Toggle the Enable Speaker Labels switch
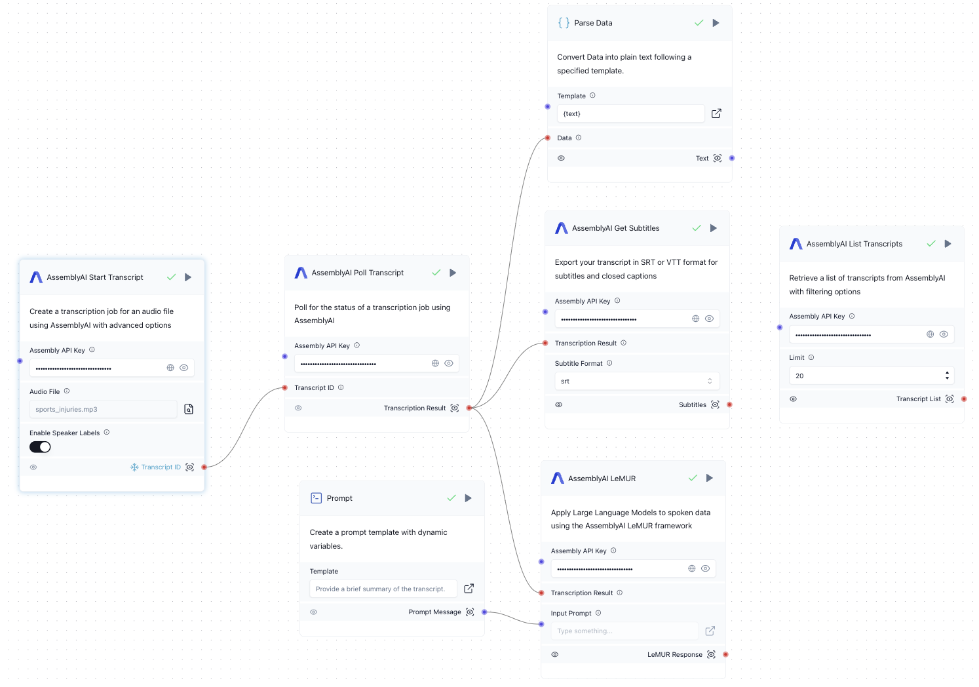(x=40, y=447)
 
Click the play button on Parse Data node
(x=716, y=23)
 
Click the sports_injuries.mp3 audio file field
(x=103, y=409)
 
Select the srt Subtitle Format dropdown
(x=636, y=381)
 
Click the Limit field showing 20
(x=867, y=376)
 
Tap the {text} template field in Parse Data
(x=630, y=113)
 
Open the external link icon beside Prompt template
(x=469, y=589)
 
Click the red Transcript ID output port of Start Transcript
(x=204, y=467)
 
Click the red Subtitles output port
(x=729, y=404)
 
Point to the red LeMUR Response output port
(x=725, y=654)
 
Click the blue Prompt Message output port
(x=484, y=612)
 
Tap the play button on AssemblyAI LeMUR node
(x=709, y=478)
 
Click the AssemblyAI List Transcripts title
(x=854, y=244)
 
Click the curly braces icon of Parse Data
(x=564, y=23)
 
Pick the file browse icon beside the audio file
(x=189, y=409)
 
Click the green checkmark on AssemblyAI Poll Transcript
(x=436, y=273)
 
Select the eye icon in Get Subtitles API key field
(x=709, y=319)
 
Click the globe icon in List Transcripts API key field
(x=930, y=334)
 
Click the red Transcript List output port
(x=964, y=399)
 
